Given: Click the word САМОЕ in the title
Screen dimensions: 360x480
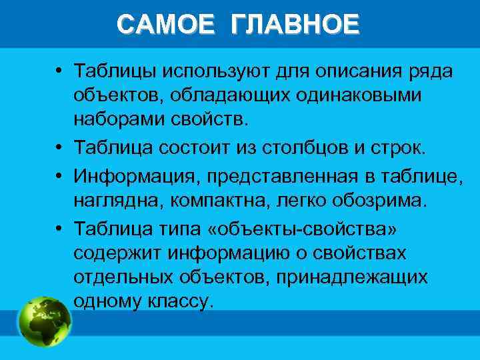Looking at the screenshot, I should [166, 25].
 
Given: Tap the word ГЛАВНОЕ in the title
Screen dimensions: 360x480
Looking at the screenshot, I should [295, 25].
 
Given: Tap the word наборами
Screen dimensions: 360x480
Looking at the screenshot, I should [119, 120].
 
